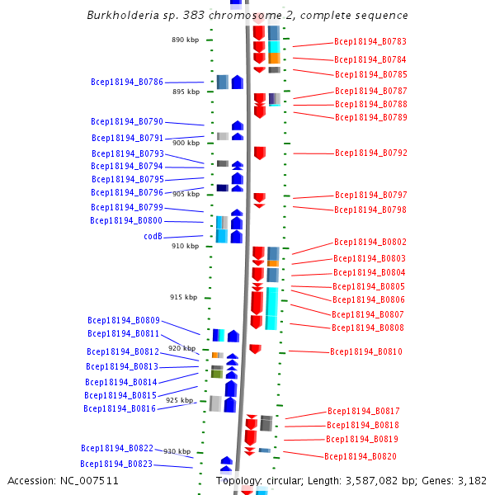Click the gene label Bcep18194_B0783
click(370, 41)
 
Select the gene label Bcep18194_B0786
click(127, 82)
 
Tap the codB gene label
click(153, 237)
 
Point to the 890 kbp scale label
click(186, 40)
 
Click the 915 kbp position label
click(184, 297)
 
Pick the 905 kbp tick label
click(186, 195)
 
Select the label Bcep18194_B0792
click(371, 153)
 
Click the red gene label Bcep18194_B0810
click(366, 352)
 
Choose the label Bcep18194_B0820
click(361, 456)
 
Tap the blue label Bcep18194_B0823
click(116, 464)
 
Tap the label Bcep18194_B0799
click(127, 208)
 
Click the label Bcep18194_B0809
click(124, 320)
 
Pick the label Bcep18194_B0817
click(364, 411)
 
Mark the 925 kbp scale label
click(179, 400)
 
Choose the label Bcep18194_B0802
click(370, 243)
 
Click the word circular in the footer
click(296, 480)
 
